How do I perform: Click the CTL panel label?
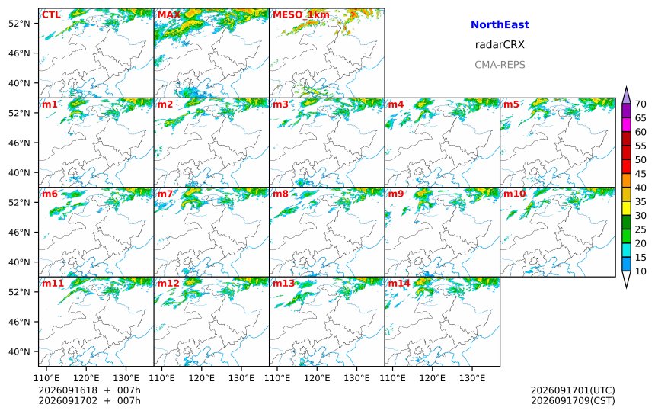[51, 15]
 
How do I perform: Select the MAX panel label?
[169, 15]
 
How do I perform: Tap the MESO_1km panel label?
[301, 15]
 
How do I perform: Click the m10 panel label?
[514, 194]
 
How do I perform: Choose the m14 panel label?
[399, 284]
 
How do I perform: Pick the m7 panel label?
[165, 194]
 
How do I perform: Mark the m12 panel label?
[168, 284]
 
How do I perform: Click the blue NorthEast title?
[500, 24]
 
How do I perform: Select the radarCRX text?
[500, 45]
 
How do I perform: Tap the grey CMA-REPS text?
[500, 65]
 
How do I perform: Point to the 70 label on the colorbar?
[641, 104]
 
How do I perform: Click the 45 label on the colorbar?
[641, 174]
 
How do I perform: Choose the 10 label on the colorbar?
[641, 271]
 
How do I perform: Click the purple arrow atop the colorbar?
[626, 95]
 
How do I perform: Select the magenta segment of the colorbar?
[626, 125]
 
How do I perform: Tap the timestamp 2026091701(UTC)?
[573, 390]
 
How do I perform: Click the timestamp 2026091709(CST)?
[573, 400]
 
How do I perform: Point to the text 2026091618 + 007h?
[89, 390]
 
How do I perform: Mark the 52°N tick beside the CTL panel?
[19, 24]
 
